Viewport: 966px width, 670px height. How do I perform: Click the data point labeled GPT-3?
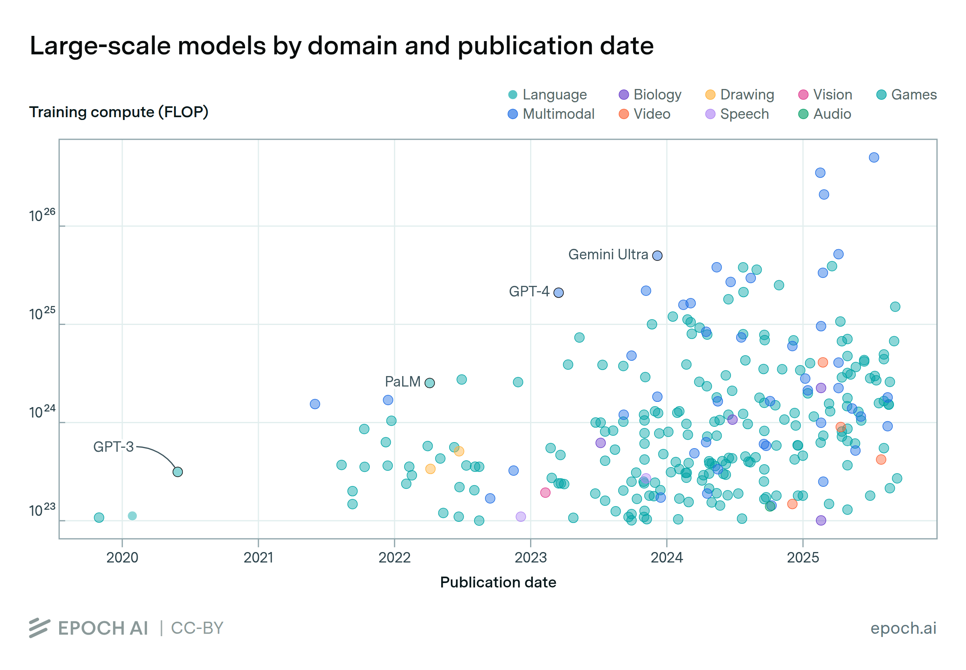(178, 472)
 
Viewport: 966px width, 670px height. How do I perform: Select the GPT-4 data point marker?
(558, 293)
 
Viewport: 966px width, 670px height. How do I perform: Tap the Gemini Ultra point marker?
(657, 256)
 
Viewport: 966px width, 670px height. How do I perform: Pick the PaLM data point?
(429, 383)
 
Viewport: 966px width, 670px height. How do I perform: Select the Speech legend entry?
(737, 114)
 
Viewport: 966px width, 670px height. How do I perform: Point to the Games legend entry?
(906, 95)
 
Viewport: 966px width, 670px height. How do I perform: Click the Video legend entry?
(644, 114)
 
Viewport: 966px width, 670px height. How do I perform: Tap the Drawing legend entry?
(740, 95)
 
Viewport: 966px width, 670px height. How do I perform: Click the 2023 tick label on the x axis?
(530, 558)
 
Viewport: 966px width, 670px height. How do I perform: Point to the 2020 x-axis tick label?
(122, 558)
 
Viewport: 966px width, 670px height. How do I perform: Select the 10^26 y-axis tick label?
(42, 215)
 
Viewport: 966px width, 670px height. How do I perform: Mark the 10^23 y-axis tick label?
(42, 511)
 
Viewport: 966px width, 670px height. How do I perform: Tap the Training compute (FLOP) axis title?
(119, 112)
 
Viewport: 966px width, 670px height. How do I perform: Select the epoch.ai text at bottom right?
(903, 628)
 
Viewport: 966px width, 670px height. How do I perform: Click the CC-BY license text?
(197, 628)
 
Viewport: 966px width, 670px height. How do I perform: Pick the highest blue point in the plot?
(874, 157)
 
